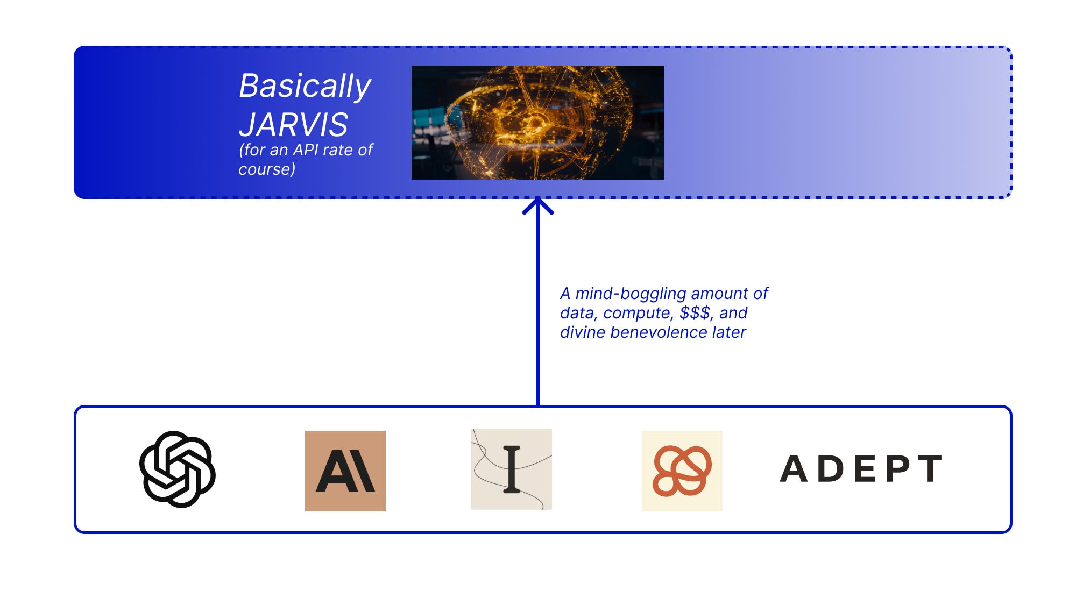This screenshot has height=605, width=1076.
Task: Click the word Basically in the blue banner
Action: (305, 86)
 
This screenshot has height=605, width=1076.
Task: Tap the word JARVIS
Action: (294, 125)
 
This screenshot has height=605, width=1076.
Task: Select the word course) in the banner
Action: (267, 169)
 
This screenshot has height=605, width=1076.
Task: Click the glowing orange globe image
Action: (537, 123)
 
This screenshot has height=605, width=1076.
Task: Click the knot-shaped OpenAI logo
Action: (178, 469)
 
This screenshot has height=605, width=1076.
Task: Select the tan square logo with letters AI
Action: (345, 471)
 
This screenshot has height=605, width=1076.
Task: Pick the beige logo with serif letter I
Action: (512, 469)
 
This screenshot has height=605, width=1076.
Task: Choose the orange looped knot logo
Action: (682, 471)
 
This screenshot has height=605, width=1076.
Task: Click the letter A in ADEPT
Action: (794, 469)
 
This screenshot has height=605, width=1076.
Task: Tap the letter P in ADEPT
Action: (897, 469)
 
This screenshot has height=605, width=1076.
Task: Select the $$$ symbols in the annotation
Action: (696, 313)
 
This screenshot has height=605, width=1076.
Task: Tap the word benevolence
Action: (659, 332)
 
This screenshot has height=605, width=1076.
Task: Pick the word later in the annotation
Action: (729, 332)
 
